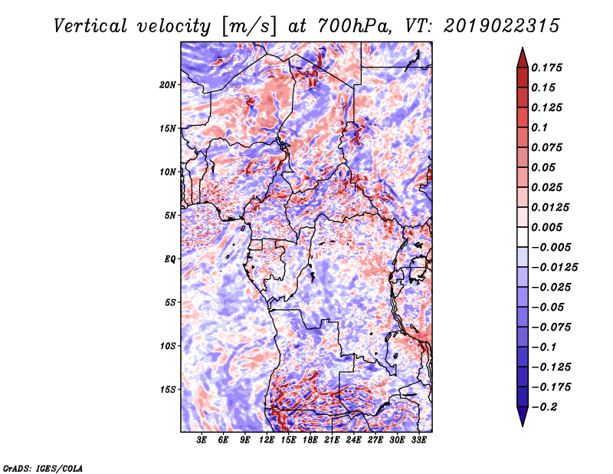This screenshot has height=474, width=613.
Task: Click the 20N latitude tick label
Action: click(x=167, y=85)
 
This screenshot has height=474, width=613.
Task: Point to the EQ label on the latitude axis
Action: click(x=169, y=259)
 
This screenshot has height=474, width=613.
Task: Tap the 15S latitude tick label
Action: click(x=167, y=390)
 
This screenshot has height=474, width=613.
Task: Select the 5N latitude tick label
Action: click(x=170, y=216)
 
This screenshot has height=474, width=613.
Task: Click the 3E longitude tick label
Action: click(x=202, y=439)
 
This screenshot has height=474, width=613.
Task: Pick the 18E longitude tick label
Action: click(x=310, y=439)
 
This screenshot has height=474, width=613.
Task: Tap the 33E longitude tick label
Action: click(x=418, y=439)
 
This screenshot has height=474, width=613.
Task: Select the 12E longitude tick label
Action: click(x=267, y=439)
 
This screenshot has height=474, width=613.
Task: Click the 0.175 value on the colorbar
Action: click(x=547, y=67)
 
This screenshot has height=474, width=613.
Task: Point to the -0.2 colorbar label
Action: click(x=544, y=407)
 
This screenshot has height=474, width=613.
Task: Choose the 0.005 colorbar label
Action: click(x=547, y=227)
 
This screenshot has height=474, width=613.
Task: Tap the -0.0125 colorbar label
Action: click(x=554, y=268)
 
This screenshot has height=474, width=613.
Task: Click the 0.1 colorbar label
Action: click(x=540, y=127)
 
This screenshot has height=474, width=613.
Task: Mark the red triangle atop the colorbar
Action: click(x=523, y=58)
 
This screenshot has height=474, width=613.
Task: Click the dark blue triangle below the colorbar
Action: click(x=523, y=416)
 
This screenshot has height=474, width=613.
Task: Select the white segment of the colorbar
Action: click(x=523, y=237)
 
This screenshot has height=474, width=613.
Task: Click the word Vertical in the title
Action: click(x=90, y=26)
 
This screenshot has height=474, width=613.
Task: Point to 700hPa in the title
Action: click(x=354, y=26)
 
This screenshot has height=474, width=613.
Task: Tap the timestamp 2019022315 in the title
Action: click(x=502, y=26)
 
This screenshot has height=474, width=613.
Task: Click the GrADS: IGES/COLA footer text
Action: click(x=43, y=468)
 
